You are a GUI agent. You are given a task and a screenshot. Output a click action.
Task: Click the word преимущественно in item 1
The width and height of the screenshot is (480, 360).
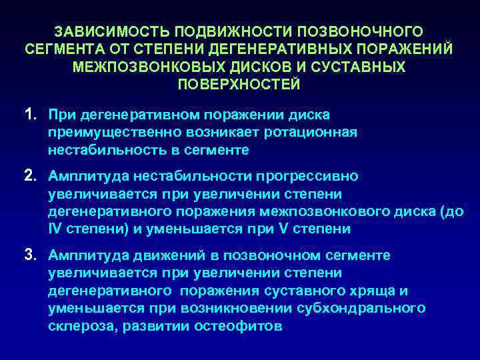tap(102, 133)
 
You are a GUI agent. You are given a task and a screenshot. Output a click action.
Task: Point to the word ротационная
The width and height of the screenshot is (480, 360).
tap(309, 133)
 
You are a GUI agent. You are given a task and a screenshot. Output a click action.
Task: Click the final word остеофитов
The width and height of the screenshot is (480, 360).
tap(244, 326)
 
